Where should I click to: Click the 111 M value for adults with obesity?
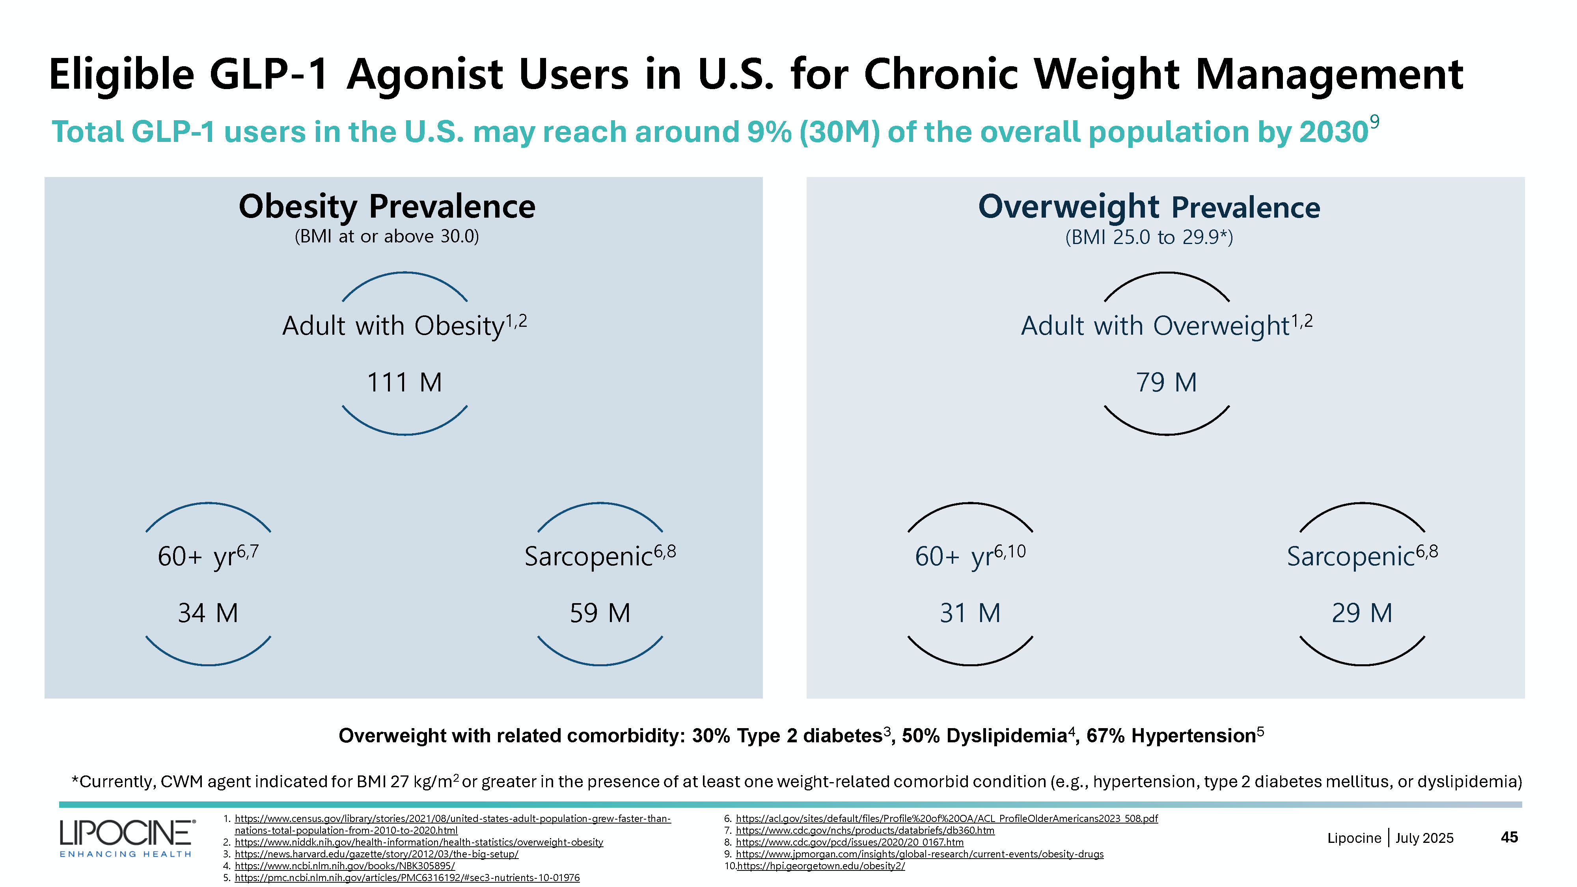point(404,382)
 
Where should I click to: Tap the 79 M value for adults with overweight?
point(1166,382)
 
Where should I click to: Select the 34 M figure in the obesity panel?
point(208,613)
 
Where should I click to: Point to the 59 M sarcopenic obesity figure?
point(600,613)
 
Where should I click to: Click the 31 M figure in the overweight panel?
point(970,613)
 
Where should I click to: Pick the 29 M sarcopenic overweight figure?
point(1362,613)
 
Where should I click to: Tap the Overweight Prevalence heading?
point(1149,207)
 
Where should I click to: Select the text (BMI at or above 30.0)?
point(387,236)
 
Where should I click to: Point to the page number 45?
point(1509,837)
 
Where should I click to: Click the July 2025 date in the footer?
point(1424,838)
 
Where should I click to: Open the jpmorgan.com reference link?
point(919,854)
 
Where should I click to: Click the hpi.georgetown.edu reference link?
point(821,866)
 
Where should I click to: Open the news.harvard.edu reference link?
point(377,854)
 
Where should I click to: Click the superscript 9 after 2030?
point(1374,123)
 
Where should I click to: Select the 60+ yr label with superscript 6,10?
point(970,556)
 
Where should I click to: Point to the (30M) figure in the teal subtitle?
point(839,132)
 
